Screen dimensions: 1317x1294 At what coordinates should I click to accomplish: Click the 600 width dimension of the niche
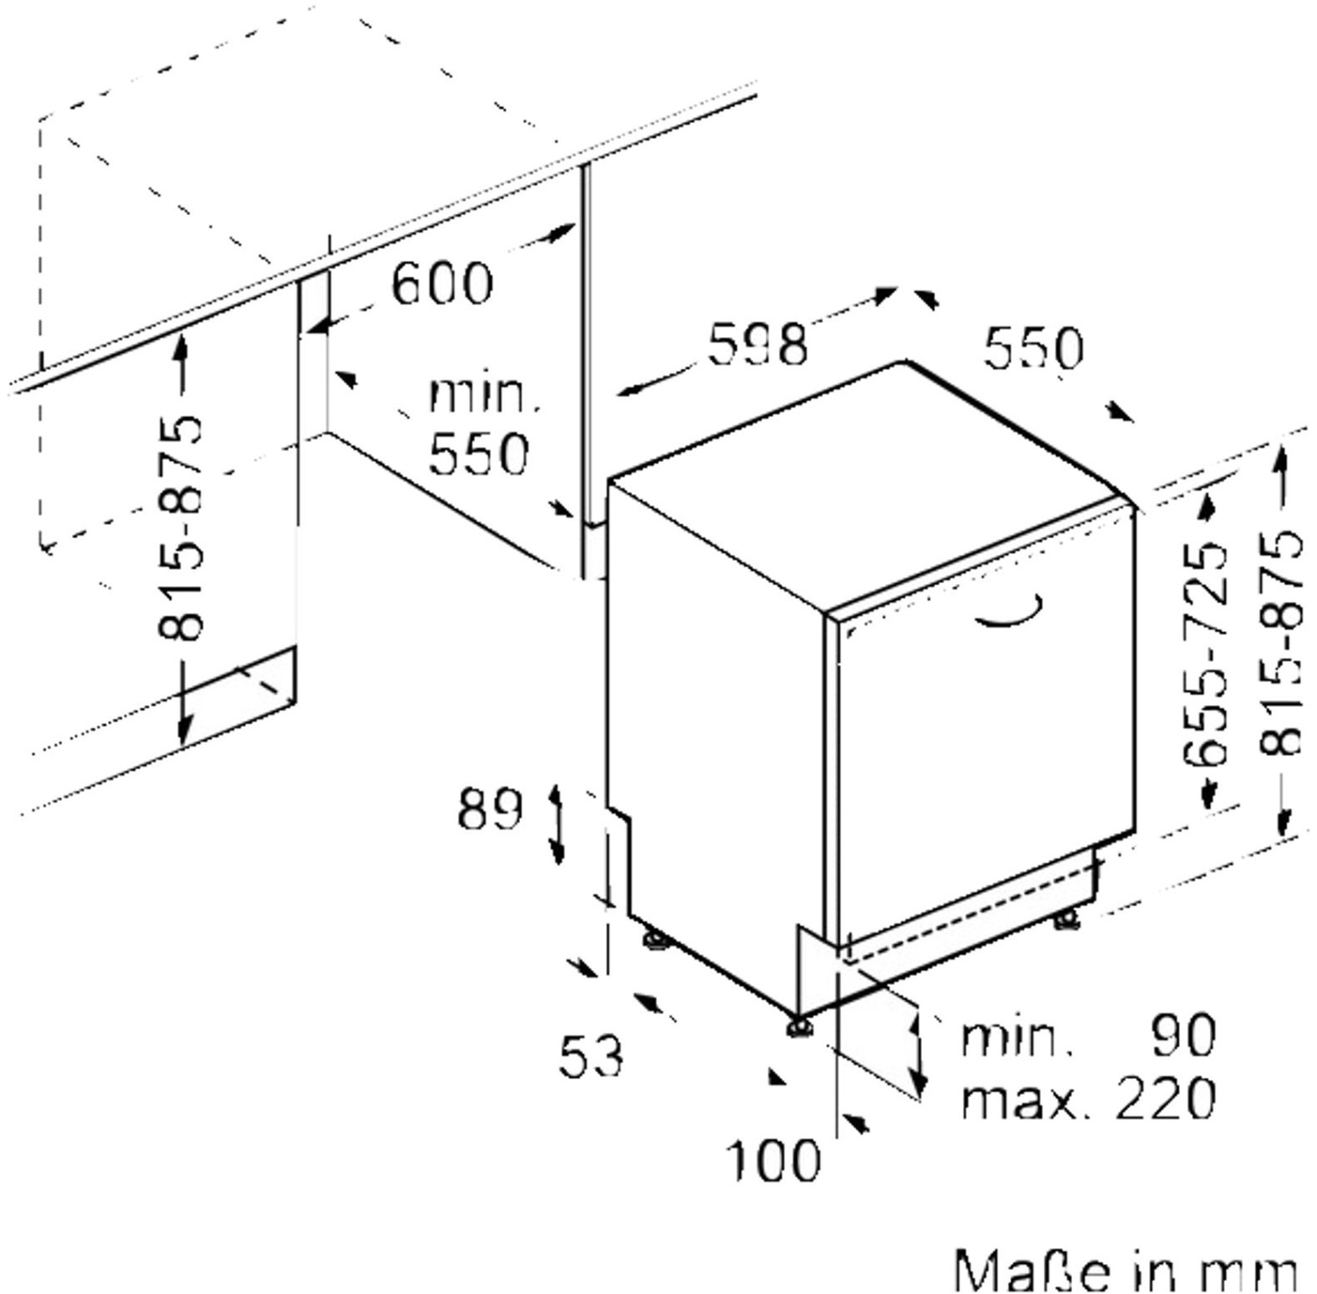point(442,284)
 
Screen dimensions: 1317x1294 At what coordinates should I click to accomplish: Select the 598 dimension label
point(757,344)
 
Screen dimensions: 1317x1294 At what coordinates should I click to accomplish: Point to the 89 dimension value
point(490,809)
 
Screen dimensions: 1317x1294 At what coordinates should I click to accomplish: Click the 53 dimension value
point(591,1055)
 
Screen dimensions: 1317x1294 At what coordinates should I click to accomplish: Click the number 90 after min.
point(1183,1036)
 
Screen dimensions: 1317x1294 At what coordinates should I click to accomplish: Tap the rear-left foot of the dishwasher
point(656,939)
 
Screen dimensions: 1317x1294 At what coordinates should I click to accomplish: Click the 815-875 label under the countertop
point(181,527)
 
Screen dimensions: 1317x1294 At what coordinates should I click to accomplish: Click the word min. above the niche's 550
point(484,395)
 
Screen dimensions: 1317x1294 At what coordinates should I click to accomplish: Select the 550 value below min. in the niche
point(479,454)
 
